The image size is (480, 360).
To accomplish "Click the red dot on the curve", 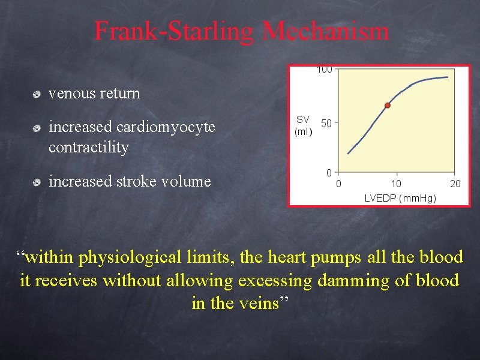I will click(x=388, y=106).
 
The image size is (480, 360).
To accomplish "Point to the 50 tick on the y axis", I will click(x=326, y=123).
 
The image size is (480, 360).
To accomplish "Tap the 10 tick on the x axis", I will click(x=397, y=184).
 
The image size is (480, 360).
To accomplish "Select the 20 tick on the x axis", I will click(x=455, y=184).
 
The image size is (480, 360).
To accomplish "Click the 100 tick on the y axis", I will click(x=324, y=70).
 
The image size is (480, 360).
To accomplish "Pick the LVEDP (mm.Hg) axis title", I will click(x=400, y=198).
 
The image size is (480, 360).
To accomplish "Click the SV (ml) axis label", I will click(x=303, y=125).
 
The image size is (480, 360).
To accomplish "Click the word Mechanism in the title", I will click(x=325, y=31).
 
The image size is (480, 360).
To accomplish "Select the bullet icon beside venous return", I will click(x=37, y=94).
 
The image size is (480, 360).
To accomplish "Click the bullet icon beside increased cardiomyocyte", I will click(x=37, y=128).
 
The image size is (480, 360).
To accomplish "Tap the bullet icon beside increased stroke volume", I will click(x=37, y=182).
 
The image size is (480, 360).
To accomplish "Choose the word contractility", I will click(x=89, y=148).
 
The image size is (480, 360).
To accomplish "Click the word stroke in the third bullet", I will click(x=133, y=181).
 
